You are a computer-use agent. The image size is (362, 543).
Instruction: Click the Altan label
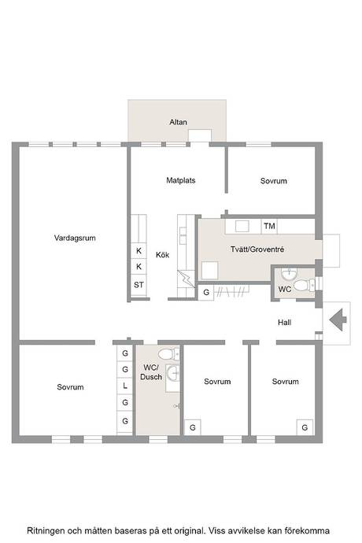(178, 122)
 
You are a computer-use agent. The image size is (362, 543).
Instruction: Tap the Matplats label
(180, 180)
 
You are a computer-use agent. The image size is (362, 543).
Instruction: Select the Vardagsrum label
(75, 238)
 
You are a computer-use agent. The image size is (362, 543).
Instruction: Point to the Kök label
(162, 255)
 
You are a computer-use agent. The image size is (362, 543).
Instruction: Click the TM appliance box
(269, 226)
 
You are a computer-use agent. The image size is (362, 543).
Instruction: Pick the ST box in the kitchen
(139, 285)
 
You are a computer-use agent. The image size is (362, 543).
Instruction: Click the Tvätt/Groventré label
(257, 249)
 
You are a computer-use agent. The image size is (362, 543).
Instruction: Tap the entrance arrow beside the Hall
(338, 320)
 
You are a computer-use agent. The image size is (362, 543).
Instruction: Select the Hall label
(284, 323)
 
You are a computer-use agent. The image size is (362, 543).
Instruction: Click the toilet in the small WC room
(303, 286)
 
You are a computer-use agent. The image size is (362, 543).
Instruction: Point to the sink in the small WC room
(289, 275)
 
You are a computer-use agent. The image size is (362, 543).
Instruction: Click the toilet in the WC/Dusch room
(168, 354)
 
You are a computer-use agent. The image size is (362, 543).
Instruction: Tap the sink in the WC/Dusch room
(173, 373)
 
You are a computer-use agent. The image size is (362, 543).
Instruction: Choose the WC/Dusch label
(151, 372)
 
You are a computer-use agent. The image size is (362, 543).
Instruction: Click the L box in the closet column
(125, 386)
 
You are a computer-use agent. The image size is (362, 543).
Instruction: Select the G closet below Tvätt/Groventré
(206, 292)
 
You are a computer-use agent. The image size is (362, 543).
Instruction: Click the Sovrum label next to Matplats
(274, 181)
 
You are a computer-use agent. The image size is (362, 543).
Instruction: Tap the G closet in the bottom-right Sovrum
(305, 427)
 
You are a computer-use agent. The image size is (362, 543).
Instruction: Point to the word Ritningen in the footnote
(46, 531)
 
